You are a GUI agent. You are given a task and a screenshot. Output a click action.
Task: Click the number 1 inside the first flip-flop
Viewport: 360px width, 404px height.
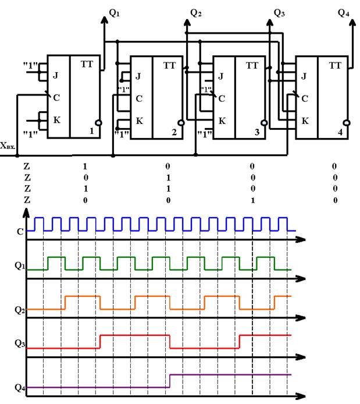[x=91, y=132]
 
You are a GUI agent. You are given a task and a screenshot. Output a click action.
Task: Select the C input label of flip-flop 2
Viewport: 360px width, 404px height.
[x=138, y=98]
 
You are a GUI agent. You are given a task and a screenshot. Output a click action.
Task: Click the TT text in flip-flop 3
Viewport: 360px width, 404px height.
[x=251, y=65]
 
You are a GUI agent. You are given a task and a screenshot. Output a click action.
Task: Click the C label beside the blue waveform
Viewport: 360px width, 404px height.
[x=20, y=231]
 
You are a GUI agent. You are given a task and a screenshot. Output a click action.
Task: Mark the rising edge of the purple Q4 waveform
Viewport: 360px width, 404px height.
[x=170, y=381]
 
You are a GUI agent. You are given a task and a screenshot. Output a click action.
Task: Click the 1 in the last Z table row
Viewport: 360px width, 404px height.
[x=252, y=200]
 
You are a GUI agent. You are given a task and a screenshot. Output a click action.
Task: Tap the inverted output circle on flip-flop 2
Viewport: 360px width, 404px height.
[x=182, y=123]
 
